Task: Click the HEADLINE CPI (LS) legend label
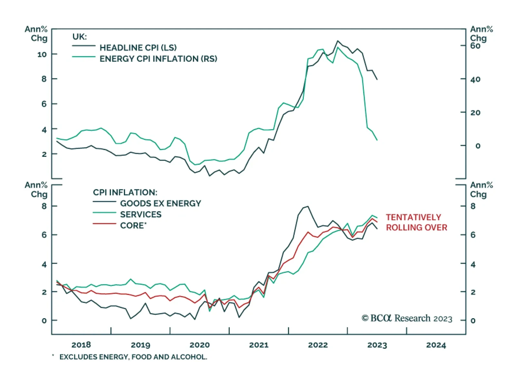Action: [x=138, y=48]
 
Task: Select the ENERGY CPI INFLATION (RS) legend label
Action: [x=158, y=59]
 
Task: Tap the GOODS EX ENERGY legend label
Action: [x=160, y=203]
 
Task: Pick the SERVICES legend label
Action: [x=141, y=214]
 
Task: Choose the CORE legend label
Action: [x=133, y=225]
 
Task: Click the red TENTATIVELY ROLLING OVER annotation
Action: [x=416, y=222]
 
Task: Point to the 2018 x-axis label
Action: [x=81, y=345]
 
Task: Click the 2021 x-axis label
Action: [x=259, y=345]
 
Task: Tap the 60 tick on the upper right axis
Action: [x=475, y=46]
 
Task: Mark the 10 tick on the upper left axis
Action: [x=42, y=54]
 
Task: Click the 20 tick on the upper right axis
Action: [x=475, y=113]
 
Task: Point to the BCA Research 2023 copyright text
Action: [x=407, y=319]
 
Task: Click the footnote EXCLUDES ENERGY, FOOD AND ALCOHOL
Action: [x=133, y=357]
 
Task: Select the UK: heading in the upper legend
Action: [x=79, y=37]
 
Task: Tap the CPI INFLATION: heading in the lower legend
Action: [x=125, y=192]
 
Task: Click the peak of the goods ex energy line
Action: [x=308, y=206]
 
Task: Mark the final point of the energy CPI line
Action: [x=377, y=140]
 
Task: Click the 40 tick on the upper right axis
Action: [x=475, y=79]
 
